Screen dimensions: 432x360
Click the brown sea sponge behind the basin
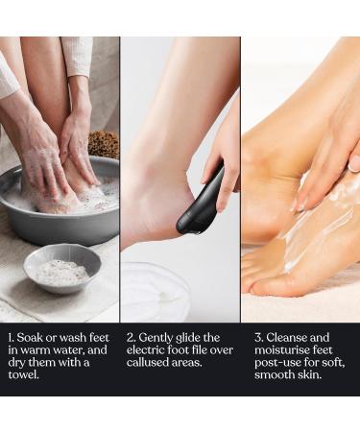104,145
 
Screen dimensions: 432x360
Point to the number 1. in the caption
11,338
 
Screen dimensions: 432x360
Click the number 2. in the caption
132,338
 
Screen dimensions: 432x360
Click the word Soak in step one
33,338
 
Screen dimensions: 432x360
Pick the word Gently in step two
160,338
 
